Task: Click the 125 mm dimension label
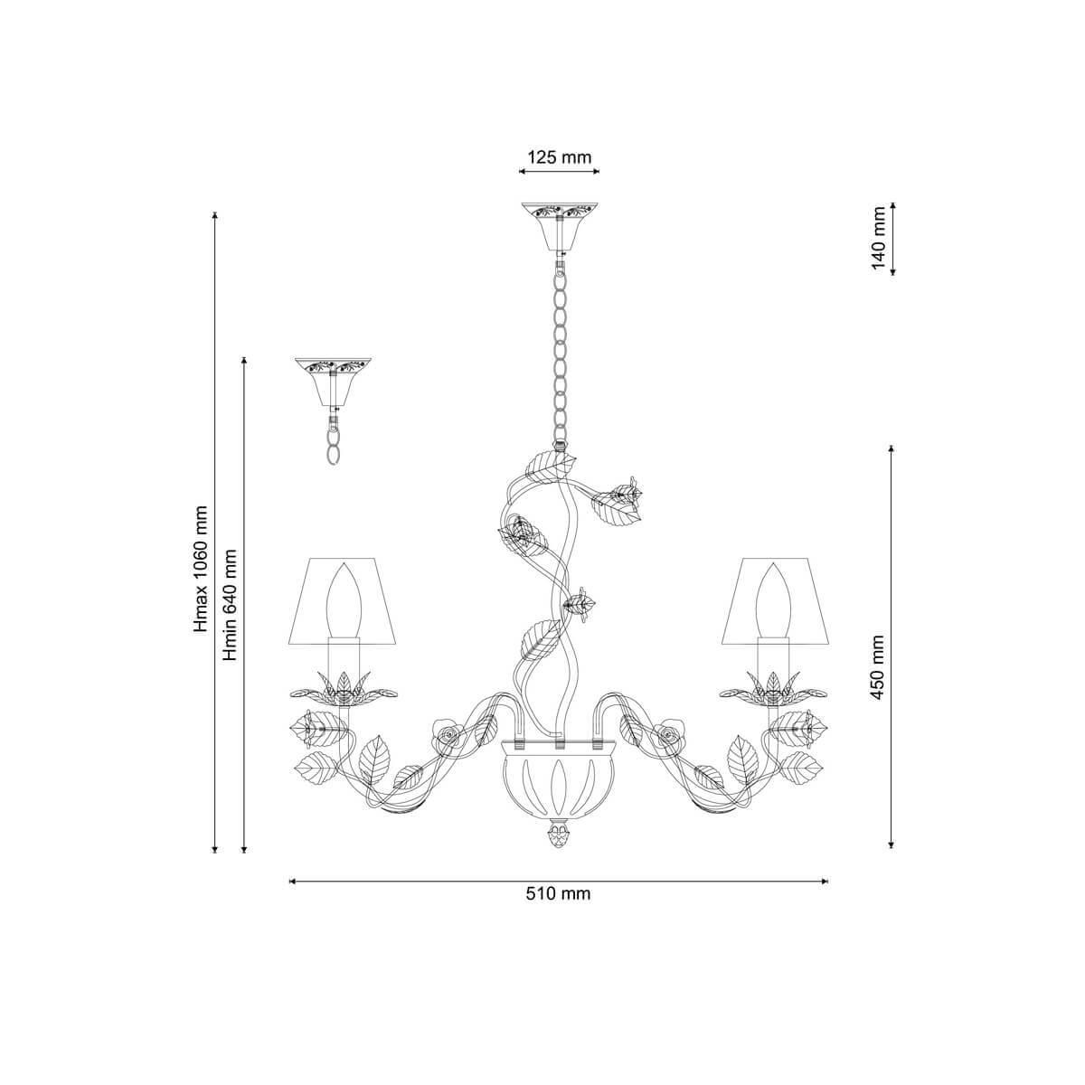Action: click(559, 157)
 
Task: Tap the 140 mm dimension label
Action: click(879, 238)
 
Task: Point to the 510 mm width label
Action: click(559, 893)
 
